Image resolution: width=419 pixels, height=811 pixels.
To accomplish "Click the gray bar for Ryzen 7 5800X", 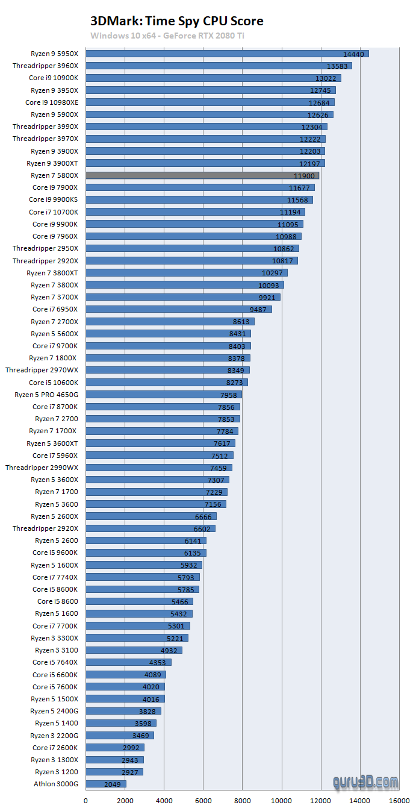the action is (202, 175).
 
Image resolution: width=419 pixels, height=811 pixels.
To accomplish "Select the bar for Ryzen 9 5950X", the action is (227, 54).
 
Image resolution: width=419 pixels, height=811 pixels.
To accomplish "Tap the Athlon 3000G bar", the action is (106, 784).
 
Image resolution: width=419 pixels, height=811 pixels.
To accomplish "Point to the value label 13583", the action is (337, 66).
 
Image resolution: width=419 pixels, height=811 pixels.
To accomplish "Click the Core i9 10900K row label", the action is (54, 78).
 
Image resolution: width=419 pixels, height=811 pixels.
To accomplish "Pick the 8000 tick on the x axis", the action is (243, 801).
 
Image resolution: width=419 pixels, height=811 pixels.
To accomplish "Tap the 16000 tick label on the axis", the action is (400, 801).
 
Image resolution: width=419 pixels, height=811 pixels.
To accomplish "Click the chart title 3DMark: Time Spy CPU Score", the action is (177, 21).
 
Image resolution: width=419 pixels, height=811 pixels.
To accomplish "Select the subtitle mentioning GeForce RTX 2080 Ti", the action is (167, 36).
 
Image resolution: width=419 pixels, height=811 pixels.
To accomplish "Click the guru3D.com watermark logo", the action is (365, 782).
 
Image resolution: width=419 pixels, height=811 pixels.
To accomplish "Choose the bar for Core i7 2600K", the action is (115, 747).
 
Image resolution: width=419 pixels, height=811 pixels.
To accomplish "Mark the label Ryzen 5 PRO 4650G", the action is (46, 395).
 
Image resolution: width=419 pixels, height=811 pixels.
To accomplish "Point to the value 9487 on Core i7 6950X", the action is (258, 310).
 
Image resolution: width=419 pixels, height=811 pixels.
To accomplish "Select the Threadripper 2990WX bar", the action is (159, 468).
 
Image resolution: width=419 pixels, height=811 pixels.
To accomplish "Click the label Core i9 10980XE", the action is (52, 102).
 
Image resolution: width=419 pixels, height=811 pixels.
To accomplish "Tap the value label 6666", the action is (203, 517).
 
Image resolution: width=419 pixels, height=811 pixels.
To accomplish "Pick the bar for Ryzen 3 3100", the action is (134, 650).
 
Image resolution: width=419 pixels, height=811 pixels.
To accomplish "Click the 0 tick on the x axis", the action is (85, 801).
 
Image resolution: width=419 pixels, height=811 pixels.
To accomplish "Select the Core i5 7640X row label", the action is (55, 662).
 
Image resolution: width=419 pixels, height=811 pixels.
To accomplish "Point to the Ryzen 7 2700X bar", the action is (170, 322).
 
